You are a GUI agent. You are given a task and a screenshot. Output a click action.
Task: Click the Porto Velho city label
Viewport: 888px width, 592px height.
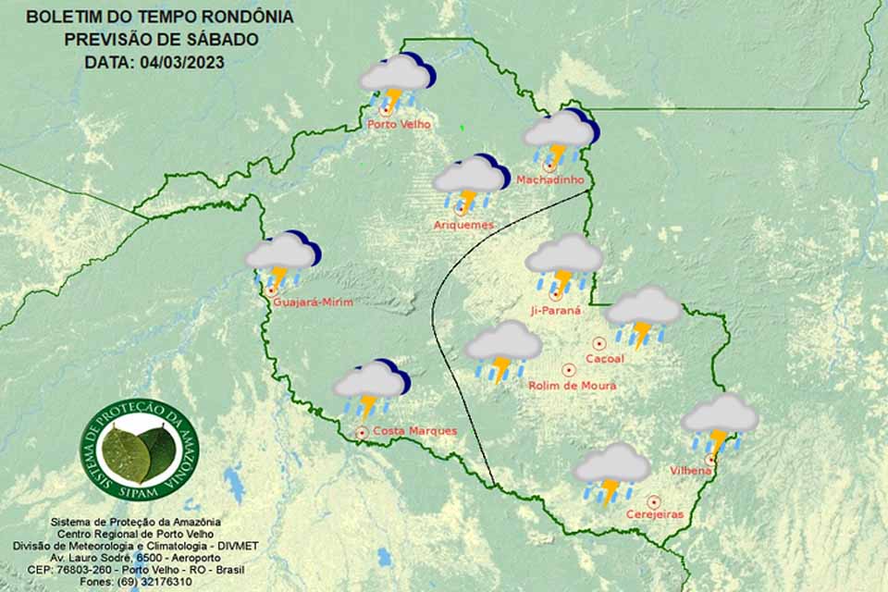pos(399,125)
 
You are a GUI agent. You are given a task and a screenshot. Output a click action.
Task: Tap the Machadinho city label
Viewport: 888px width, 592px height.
pos(550,179)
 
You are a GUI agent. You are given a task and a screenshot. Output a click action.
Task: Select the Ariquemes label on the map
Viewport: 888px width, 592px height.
pos(463,225)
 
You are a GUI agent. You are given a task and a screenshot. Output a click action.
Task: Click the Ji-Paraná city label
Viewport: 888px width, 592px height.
pos(556,311)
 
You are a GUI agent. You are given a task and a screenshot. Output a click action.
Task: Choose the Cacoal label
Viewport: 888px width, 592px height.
pos(605,358)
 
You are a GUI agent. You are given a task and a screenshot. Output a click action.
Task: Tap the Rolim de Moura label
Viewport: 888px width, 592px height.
pos(572,386)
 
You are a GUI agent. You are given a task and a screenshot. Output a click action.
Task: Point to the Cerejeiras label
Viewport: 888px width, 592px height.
pos(655,514)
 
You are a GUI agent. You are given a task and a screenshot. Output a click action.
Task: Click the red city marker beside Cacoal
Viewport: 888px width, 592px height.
pos(599,343)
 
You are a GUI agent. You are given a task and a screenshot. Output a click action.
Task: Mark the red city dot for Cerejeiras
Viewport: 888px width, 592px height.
pos(653,501)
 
